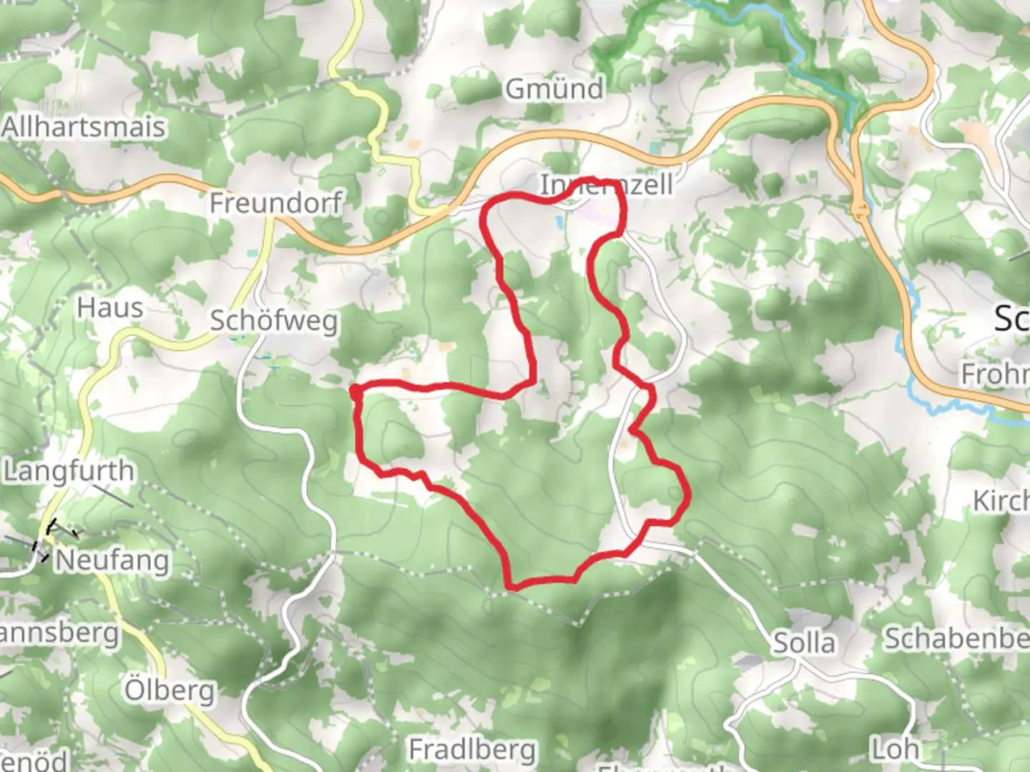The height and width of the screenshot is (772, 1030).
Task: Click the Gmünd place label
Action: click(x=554, y=89)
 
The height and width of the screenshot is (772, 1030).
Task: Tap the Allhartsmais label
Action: click(x=84, y=128)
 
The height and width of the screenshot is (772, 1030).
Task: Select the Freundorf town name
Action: click(x=275, y=203)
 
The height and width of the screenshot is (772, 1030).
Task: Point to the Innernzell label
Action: click(x=606, y=185)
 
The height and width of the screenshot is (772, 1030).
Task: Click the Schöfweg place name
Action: click(x=273, y=321)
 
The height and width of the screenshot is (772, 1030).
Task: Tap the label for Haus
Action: click(x=110, y=308)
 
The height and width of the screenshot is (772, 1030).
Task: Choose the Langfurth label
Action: click(x=69, y=472)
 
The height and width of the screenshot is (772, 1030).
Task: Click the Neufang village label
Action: click(x=112, y=560)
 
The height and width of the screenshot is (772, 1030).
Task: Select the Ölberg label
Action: click(x=170, y=691)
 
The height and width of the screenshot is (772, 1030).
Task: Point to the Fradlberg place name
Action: click(x=472, y=750)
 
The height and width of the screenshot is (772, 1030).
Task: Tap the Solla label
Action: click(x=804, y=643)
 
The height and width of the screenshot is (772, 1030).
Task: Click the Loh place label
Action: click(x=895, y=749)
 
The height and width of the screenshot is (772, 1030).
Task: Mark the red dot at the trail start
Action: click(x=355, y=390)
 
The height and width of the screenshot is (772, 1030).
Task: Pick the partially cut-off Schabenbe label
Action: click(x=957, y=638)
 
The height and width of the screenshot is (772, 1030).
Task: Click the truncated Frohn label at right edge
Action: click(x=994, y=374)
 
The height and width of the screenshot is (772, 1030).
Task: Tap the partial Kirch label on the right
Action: click(x=1001, y=501)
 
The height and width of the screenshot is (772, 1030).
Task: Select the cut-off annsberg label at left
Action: click(x=59, y=633)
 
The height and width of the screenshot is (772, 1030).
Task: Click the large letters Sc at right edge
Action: click(x=1011, y=319)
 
